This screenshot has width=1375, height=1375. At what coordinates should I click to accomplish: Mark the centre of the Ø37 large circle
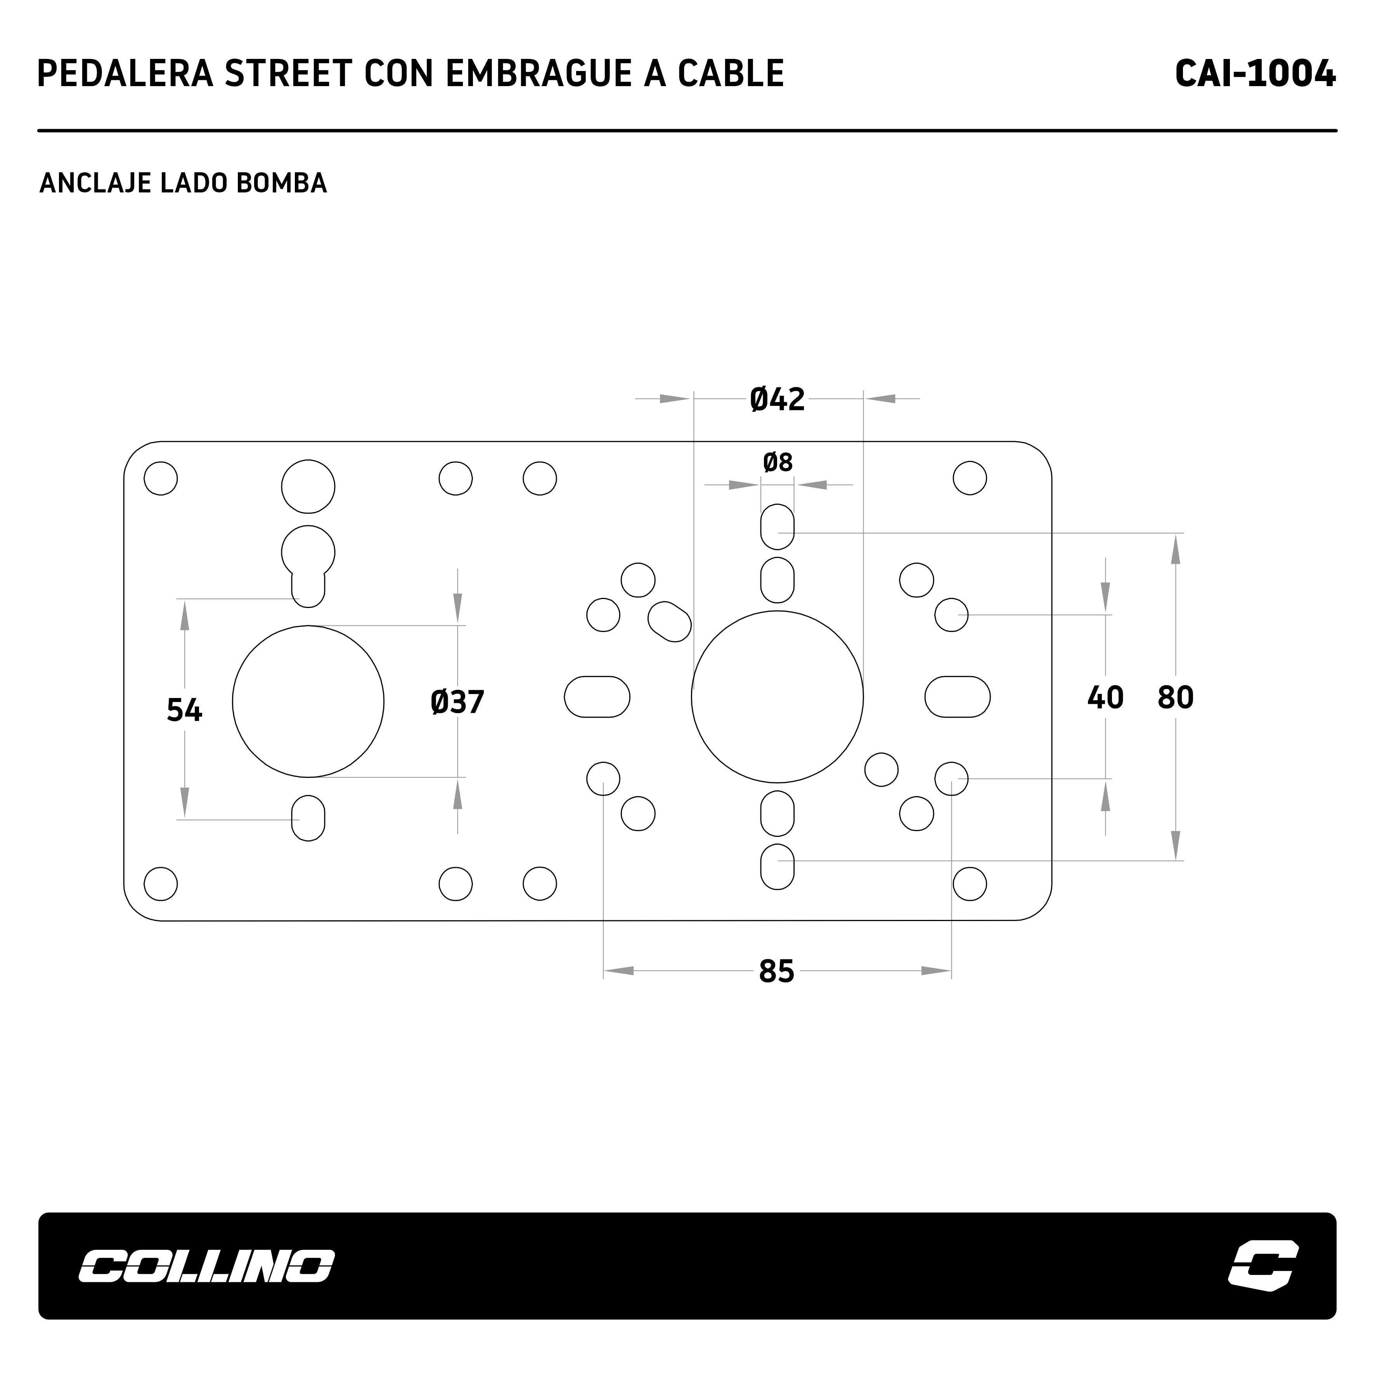[308, 702]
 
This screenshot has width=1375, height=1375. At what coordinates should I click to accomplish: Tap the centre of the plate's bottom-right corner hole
[969, 884]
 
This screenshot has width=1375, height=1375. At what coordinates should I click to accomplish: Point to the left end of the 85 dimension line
[604, 971]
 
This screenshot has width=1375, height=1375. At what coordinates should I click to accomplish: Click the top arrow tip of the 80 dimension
[1175, 535]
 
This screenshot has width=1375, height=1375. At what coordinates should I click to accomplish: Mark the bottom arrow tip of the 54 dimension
[185, 818]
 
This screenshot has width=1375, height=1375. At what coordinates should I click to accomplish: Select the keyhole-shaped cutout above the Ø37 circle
[308, 566]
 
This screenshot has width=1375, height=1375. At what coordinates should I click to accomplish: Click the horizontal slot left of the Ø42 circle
[597, 697]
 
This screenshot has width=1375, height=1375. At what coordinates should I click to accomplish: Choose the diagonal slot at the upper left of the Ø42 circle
[670, 621]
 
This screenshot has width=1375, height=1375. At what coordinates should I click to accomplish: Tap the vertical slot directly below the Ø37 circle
[308, 819]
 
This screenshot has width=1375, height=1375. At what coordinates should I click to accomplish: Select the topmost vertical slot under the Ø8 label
[777, 526]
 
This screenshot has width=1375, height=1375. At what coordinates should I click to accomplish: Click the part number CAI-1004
[1256, 73]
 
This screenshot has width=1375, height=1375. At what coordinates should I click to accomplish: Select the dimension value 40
[1105, 698]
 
